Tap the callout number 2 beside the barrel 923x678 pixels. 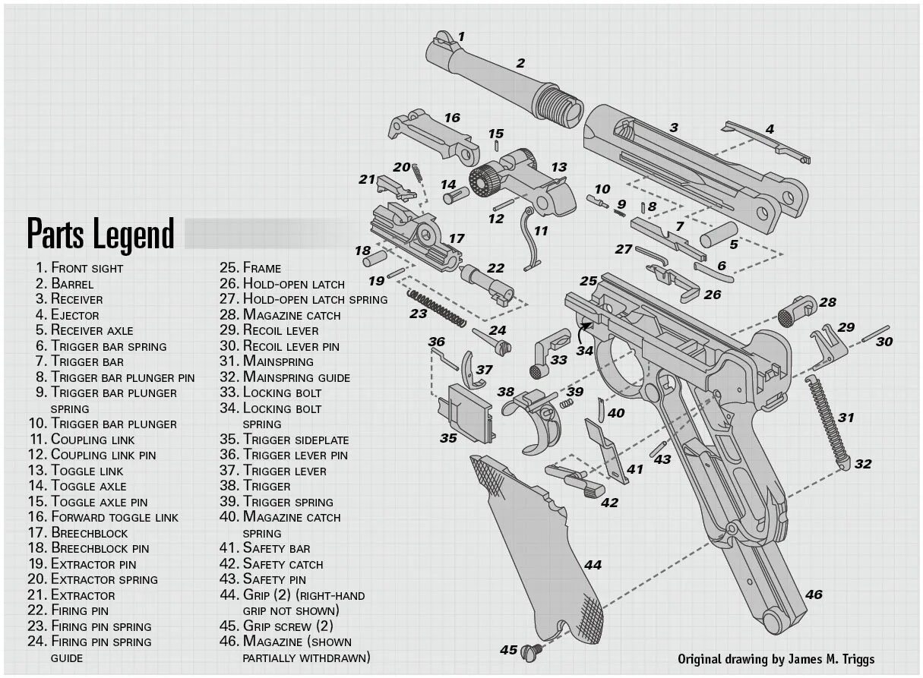pos(520,64)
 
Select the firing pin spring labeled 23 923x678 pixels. pos(437,307)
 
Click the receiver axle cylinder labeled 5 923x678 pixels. pos(719,234)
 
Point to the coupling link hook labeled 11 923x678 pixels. pos(532,235)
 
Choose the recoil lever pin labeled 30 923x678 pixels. pos(875,332)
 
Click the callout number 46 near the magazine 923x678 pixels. pos(814,594)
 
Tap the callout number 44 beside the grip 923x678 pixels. pos(593,565)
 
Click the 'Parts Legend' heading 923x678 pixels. pos(101,234)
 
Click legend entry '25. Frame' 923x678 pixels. pos(251,268)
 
